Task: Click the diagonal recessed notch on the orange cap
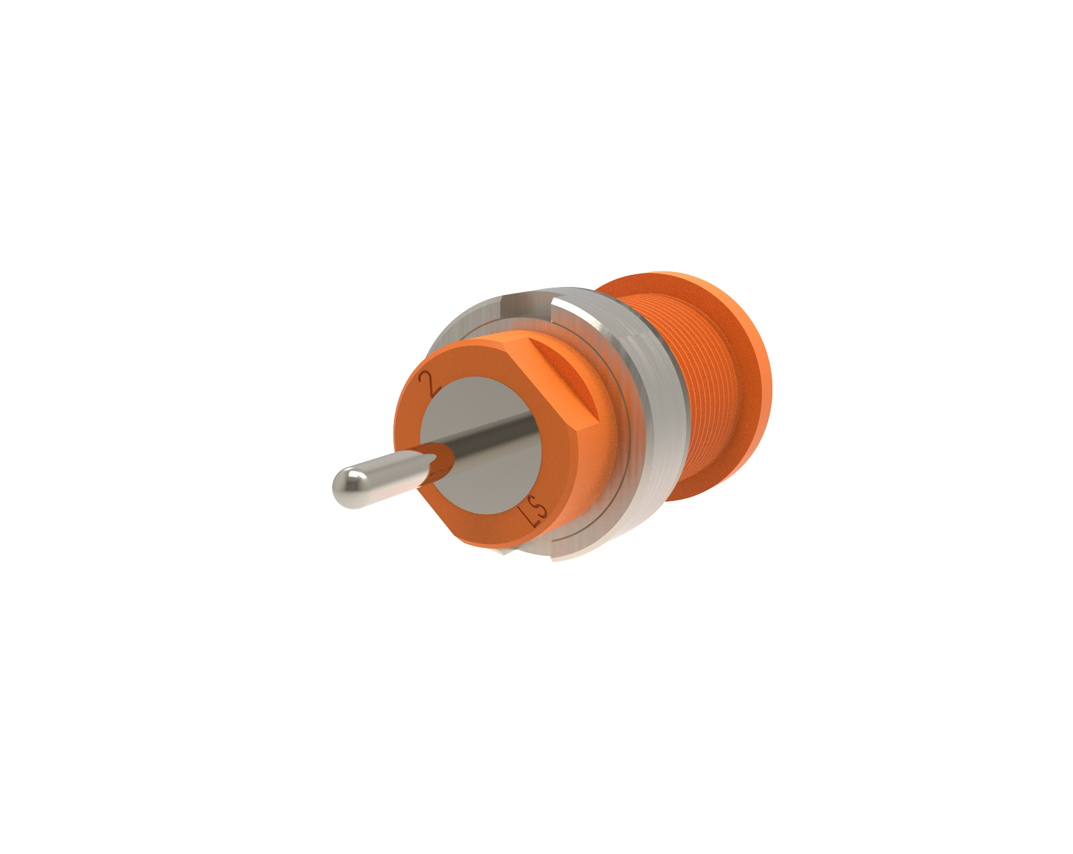(564, 380)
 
